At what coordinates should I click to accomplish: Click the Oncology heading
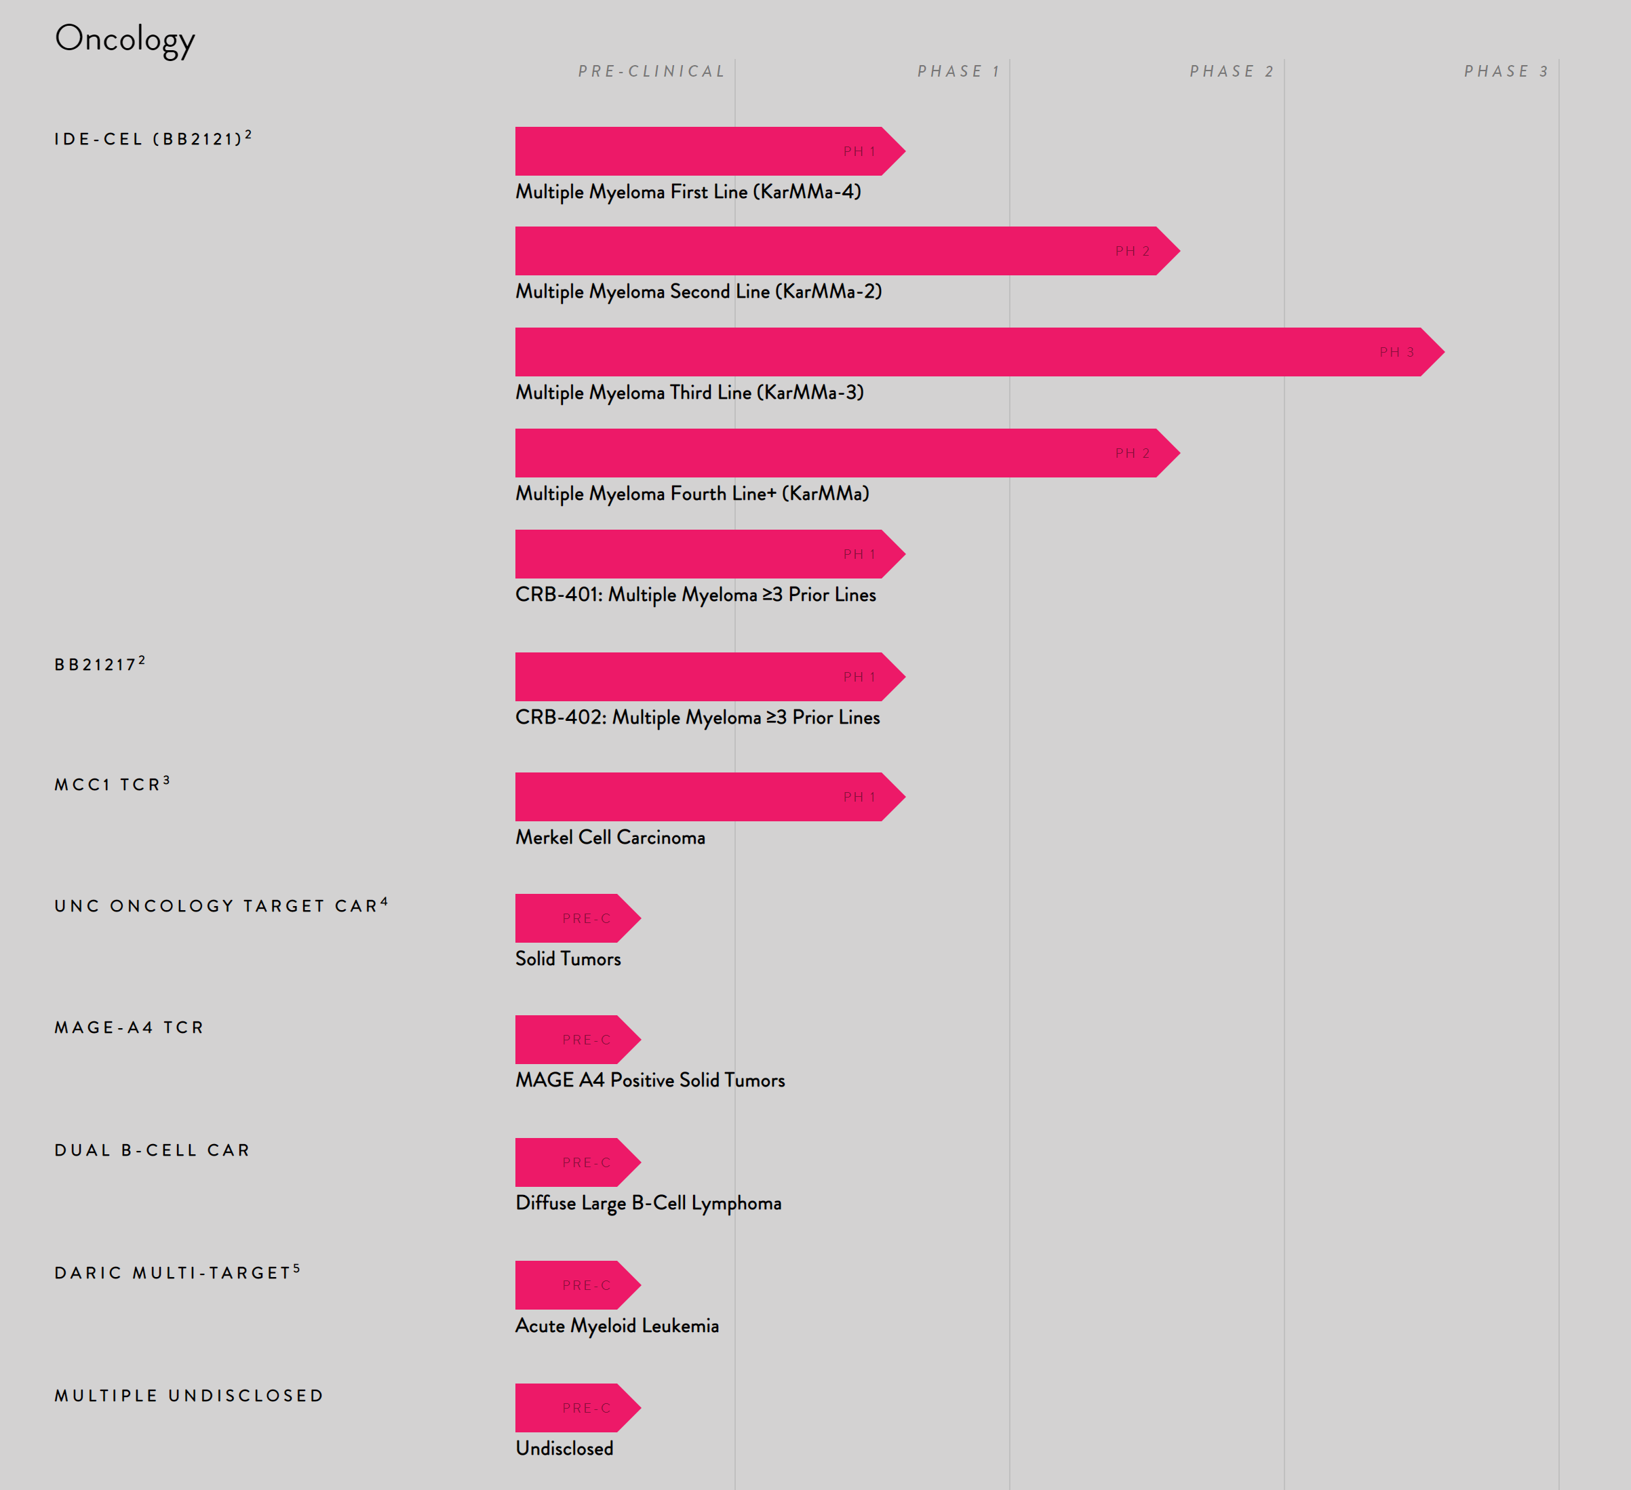click(x=125, y=39)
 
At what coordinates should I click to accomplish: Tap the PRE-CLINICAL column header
click(x=651, y=71)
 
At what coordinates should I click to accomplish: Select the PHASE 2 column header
click(x=1232, y=71)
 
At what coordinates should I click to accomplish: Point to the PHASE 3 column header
click(x=1506, y=71)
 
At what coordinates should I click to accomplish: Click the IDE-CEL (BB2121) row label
click(x=152, y=138)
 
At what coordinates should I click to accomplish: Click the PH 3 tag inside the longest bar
click(x=1396, y=352)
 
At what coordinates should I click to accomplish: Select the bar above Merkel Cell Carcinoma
click(x=704, y=797)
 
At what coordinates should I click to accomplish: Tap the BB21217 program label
click(x=100, y=664)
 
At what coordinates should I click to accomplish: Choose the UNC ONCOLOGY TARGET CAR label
click(x=220, y=905)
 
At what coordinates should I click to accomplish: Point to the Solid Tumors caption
click(x=568, y=958)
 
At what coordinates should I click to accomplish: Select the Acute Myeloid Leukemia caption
click(x=616, y=1326)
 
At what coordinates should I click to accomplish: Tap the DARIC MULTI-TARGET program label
click(x=176, y=1272)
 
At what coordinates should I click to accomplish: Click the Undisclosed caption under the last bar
click(x=564, y=1449)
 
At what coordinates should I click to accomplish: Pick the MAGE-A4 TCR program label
click(x=129, y=1027)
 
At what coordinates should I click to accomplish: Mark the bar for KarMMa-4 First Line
click(x=704, y=151)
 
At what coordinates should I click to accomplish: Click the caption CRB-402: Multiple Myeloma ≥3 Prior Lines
click(x=697, y=718)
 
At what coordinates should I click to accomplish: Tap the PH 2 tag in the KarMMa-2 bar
click(x=1132, y=252)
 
